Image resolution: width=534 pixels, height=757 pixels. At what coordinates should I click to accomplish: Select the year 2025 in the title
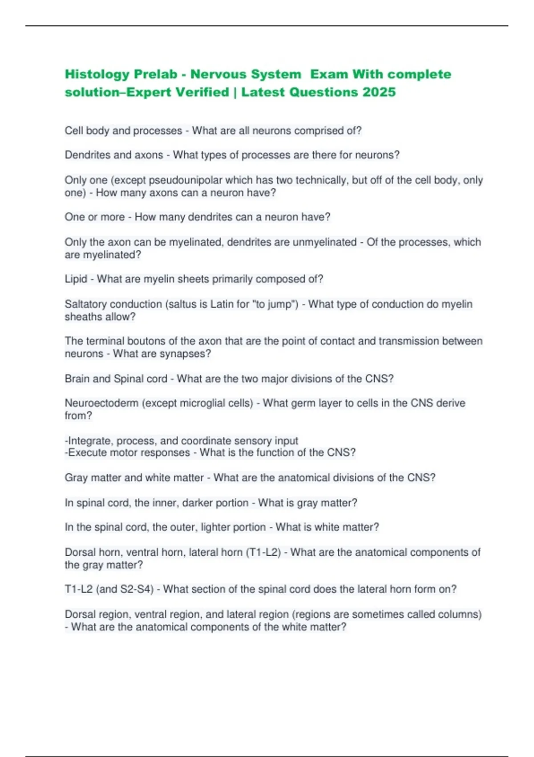379,92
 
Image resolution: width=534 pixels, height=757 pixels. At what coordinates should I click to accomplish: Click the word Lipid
76,279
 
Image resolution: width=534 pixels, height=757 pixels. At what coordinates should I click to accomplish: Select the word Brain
77,379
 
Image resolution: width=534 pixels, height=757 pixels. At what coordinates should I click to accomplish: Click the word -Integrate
89,441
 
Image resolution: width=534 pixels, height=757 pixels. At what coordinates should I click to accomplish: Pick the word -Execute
87,453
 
